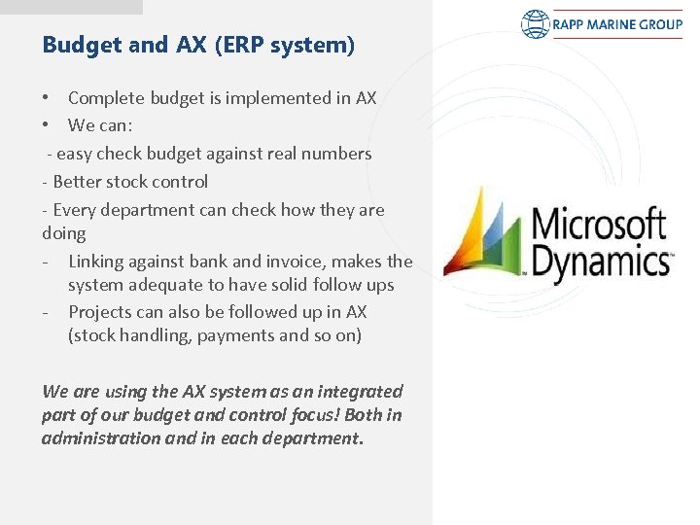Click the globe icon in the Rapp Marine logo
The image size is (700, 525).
coord(536,24)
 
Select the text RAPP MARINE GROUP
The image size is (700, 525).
coord(617,24)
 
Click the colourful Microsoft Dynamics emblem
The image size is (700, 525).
coord(483,233)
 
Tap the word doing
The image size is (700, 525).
coord(64,234)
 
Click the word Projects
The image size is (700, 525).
coord(99,312)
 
